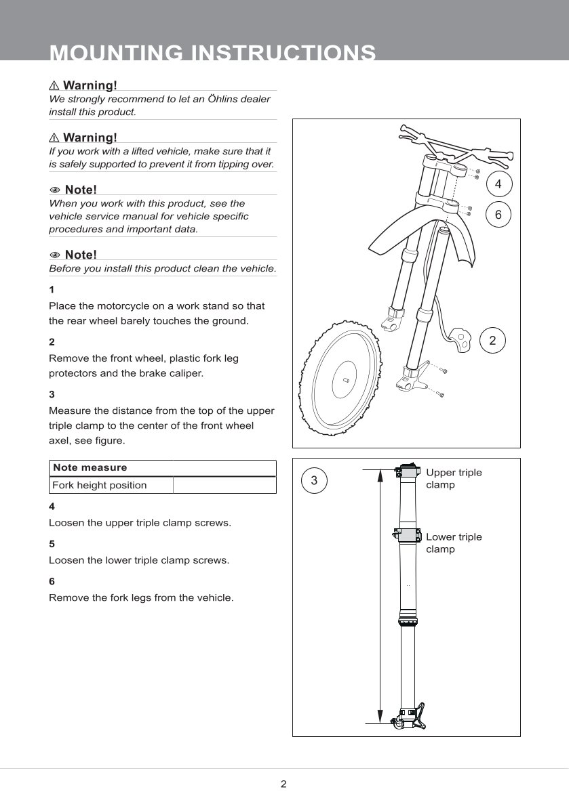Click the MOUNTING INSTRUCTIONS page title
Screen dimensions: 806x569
[x=213, y=53]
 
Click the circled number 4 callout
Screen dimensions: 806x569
[x=498, y=184]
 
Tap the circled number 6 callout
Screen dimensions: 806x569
[x=498, y=215]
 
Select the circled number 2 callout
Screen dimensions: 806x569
[x=492, y=341]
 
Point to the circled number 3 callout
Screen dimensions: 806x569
[x=314, y=481]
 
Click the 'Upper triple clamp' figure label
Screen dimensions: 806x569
[x=453, y=478]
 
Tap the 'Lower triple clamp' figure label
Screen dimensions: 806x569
[x=453, y=543]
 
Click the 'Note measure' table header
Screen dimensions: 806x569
[x=90, y=467]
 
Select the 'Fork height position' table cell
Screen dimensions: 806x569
[x=100, y=485]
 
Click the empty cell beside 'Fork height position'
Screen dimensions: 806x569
[x=224, y=485]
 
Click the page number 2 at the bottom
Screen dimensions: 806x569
[x=283, y=784]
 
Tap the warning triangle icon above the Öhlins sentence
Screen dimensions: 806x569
[x=54, y=85]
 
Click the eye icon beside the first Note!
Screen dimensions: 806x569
[x=55, y=189]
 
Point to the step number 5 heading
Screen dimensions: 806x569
[x=52, y=544]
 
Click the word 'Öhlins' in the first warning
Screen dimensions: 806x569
[x=208, y=99]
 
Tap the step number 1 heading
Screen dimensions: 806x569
[x=52, y=289]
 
